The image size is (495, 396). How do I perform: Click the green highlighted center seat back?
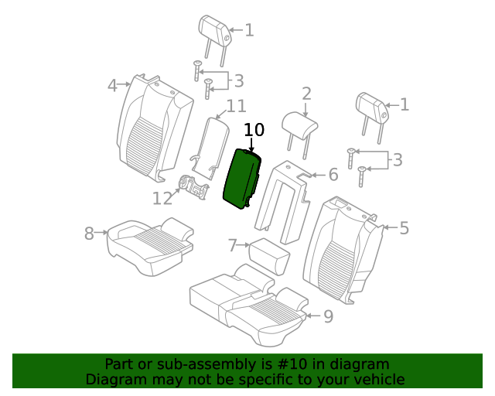pyautogui.click(x=242, y=178)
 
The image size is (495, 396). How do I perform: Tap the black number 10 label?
pyautogui.click(x=254, y=130)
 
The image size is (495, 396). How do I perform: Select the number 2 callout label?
pyautogui.click(x=306, y=94)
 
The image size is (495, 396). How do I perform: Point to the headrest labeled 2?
pyautogui.click(x=300, y=125)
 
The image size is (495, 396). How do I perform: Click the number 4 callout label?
pyautogui.click(x=113, y=85)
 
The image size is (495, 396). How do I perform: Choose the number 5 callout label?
pyautogui.click(x=404, y=227)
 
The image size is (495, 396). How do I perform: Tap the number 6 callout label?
pyautogui.click(x=333, y=175)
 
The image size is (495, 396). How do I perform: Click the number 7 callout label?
pyautogui.click(x=233, y=246)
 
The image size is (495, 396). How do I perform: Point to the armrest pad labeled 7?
pyautogui.click(x=268, y=255)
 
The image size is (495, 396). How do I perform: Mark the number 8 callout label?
pyautogui.click(x=89, y=232)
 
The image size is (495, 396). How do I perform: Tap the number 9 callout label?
pyautogui.click(x=328, y=316)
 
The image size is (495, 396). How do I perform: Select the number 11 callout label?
pyautogui.click(x=236, y=106)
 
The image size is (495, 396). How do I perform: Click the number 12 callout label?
pyautogui.click(x=162, y=199)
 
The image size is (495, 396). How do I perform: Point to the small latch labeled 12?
pyautogui.click(x=193, y=187)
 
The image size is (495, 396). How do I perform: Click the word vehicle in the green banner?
pyautogui.click(x=377, y=379)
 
